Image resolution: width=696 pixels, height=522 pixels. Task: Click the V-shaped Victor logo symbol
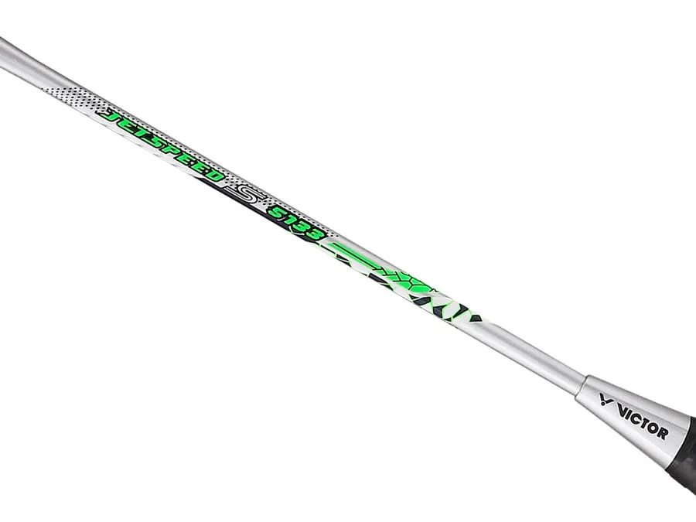(607, 398)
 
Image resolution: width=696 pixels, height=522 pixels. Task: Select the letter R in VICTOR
(662, 434)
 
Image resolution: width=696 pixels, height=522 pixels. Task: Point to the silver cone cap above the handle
(630, 418)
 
